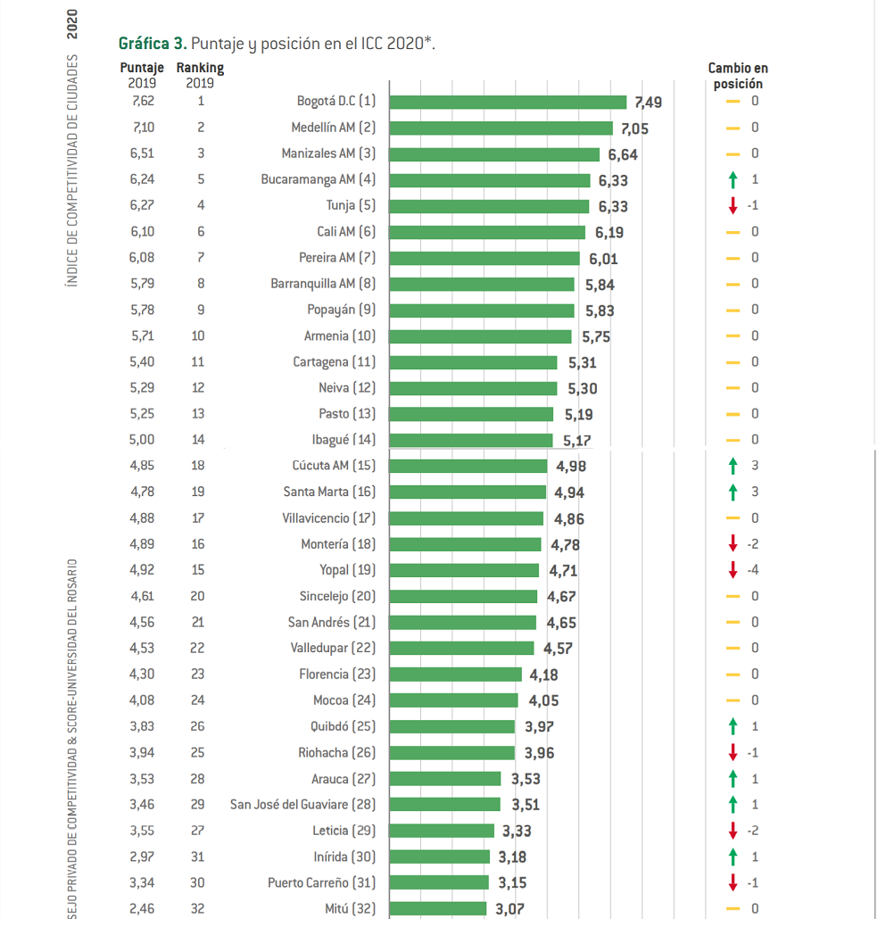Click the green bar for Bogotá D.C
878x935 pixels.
point(508,102)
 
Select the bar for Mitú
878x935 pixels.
point(438,909)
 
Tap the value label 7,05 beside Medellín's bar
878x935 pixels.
point(634,128)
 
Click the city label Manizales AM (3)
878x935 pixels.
point(328,153)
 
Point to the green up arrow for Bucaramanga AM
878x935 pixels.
point(733,179)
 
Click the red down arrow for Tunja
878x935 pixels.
point(733,206)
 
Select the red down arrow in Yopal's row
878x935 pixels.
point(733,570)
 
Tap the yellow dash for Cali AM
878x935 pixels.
point(733,232)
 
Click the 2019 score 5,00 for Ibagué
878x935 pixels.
point(142,440)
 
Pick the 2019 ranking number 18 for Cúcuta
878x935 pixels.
point(198,466)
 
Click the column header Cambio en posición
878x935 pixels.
point(738,76)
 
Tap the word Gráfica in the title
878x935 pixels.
point(144,44)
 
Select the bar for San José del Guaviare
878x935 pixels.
point(445,805)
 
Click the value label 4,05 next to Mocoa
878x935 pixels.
point(544,700)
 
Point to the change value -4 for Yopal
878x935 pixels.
point(753,570)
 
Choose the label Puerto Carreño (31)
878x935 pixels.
point(322,883)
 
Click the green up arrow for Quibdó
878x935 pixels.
point(733,727)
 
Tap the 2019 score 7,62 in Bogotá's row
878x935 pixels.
point(143,102)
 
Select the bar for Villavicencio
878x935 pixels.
point(467,518)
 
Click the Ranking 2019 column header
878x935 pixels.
point(200,75)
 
